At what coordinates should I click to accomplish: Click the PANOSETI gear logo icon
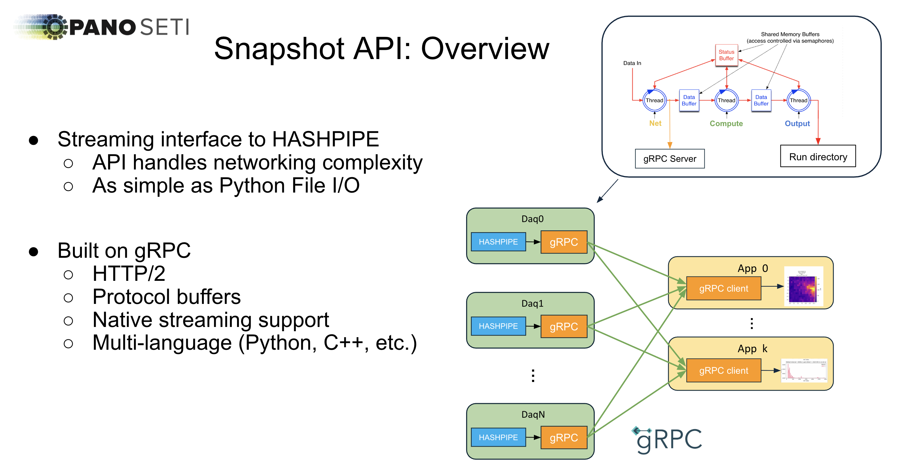click(x=54, y=27)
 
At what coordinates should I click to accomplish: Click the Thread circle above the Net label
click(x=654, y=100)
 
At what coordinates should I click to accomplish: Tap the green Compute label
click(x=726, y=123)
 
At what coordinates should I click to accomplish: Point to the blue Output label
click(x=797, y=123)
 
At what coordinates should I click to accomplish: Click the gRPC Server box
click(x=669, y=159)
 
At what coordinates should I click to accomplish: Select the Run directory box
click(x=818, y=157)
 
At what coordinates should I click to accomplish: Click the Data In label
click(x=632, y=63)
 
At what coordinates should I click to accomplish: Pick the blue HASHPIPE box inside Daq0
click(x=498, y=242)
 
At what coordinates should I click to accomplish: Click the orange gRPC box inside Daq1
click(x=563, y=326)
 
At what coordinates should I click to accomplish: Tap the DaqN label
click(x=533, y=414)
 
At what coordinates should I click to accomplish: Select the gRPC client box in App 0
click(x=723, y=289)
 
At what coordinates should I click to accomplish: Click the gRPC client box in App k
click(x=723, y=370)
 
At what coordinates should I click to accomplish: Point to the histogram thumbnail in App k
click(x=804, y=370)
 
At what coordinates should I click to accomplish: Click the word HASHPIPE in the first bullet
click(x=325, y=139)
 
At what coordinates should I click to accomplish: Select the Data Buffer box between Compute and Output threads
click(x=760, y=100)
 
